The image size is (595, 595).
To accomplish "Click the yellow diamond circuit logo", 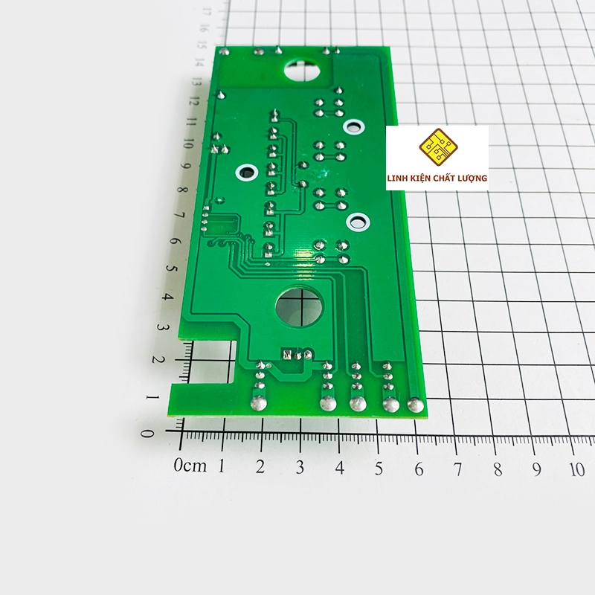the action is point(438,147).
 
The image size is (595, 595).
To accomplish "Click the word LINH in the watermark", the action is point(396,178).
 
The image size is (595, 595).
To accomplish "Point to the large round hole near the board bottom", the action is point(299,306).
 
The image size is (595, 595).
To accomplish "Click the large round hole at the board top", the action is point(303,69).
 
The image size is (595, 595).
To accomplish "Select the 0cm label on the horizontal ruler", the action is point(190,466).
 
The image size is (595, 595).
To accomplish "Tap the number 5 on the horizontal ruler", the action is point(379,469).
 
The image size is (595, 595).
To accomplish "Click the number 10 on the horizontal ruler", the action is point(577,470).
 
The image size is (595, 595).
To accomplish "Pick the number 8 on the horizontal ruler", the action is point(498,470).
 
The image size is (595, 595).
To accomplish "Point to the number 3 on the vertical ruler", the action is point(161,327).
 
